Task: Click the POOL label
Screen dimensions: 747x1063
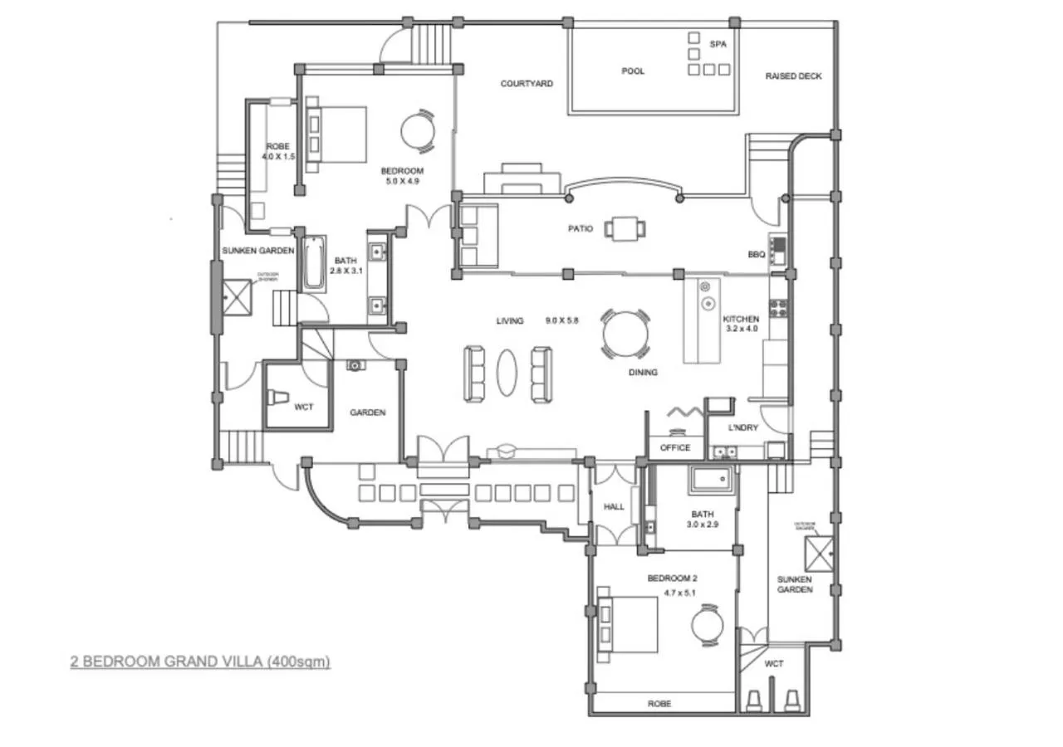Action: pos(633,71)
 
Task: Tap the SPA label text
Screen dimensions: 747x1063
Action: pos(718,44)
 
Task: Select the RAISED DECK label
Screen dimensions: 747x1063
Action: pos(793,76)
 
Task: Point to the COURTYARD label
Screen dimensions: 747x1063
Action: pos(527,84)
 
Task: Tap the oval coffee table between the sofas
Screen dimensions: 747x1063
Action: pos(507,373)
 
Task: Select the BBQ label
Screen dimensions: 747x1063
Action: pos(756,255)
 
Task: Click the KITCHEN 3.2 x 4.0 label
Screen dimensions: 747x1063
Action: pos(741,324)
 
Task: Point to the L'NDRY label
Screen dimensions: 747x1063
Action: pos(743,428)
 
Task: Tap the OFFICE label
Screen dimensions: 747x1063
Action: pos(675,448)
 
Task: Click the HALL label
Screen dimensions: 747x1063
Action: pos(614,506)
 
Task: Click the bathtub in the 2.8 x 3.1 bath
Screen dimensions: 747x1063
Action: pos(314,265)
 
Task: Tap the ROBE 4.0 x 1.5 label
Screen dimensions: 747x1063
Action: pos(278,151)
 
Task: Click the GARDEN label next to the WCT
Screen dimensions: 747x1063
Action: pos(367,413)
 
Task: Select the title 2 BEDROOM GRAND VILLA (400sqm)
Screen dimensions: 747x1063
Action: pos(200,662)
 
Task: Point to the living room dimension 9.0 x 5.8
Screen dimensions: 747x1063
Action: pos(561,320)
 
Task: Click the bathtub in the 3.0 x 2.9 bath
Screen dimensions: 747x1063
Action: pos(710,480)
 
